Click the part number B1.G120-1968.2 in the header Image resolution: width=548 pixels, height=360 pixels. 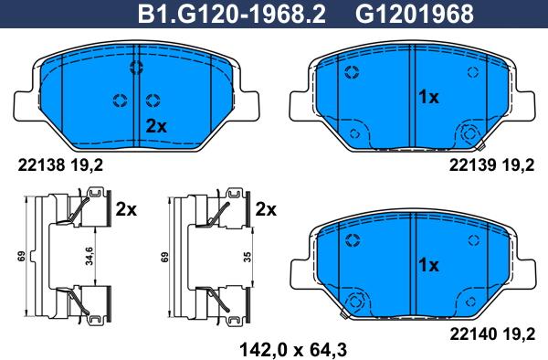[x=232, y=15]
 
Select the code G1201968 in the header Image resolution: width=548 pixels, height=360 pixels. [x=415, y=15]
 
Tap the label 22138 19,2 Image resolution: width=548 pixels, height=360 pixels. [x=60, y=165]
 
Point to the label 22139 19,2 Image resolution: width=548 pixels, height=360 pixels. [x=491, y=165]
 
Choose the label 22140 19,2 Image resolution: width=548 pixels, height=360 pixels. [x=492, y=334]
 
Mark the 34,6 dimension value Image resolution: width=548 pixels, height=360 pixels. [x=90, y=256]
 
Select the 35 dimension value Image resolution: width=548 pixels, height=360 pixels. [x=248, y=257]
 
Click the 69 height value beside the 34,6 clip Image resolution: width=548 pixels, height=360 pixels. [x=22, y=257]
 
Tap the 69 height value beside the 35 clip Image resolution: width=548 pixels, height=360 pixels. [x=164, y=257]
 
